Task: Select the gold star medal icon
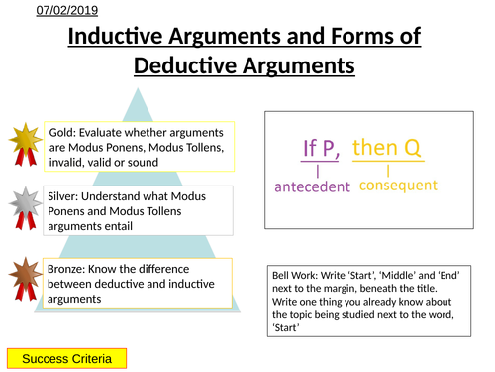click(23, 142)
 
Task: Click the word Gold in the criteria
click(62, 132)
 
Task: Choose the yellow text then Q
click(387, 148)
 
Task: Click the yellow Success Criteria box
click(67, 356)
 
